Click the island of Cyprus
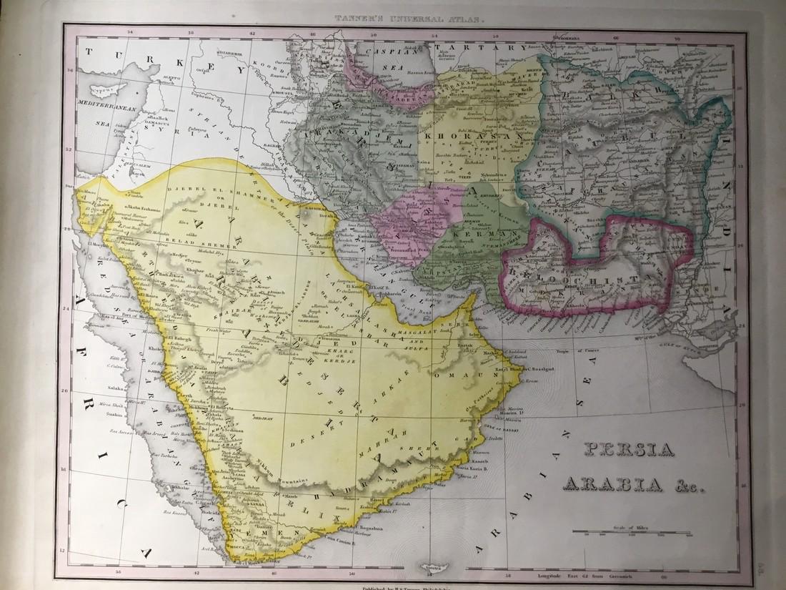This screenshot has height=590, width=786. (x=104, y=90)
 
